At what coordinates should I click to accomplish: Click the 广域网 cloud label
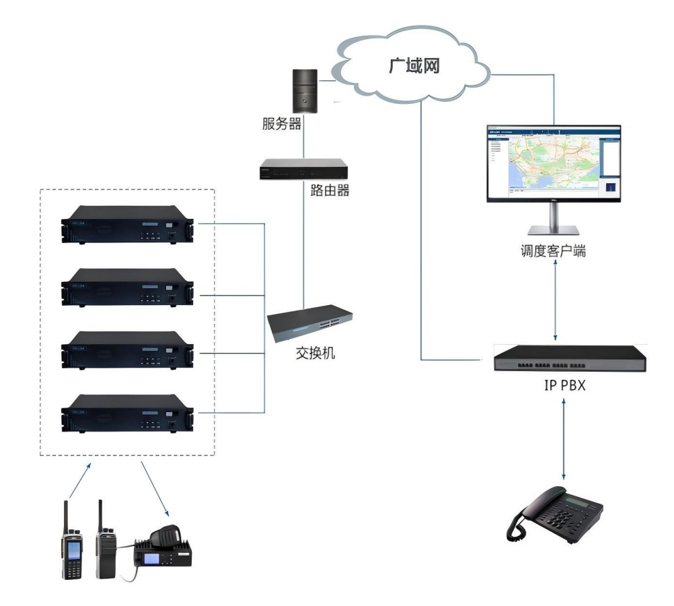coord(414,66)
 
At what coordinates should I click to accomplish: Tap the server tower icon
coord(305,91)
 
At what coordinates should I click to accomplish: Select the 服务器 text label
coord(282,124)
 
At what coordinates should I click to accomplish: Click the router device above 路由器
coord(303,169)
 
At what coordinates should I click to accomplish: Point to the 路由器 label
coord(330,190)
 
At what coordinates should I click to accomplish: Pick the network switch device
coord(310,323)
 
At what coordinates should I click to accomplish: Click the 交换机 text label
coord(315,353)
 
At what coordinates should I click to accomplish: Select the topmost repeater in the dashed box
coord(127,224)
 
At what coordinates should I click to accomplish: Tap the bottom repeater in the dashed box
coord(127,413)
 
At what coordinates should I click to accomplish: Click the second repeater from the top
coord(127,288)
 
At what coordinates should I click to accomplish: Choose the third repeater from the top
coord(127,350)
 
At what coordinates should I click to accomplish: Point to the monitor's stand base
coord(554,230)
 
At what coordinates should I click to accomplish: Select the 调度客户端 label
coord(553,251)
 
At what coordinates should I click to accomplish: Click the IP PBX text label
coord(565,385)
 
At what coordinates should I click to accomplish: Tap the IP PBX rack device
coord(570,358)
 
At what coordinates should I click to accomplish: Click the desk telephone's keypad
coord(564,517)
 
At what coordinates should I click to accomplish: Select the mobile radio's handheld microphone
coord(165,535)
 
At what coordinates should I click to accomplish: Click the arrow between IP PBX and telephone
coord(564,439)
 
